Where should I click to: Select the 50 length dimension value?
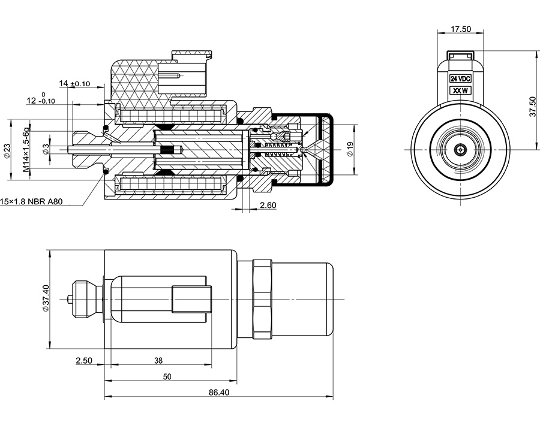(167, 376)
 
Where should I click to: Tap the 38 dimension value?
(158, 361)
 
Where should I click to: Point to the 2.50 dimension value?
(84, 361)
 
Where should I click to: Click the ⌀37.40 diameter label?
(46, 298)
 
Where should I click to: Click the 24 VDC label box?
(460, 78)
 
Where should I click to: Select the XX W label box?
(460, 90)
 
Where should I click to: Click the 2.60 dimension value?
(268, 206)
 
